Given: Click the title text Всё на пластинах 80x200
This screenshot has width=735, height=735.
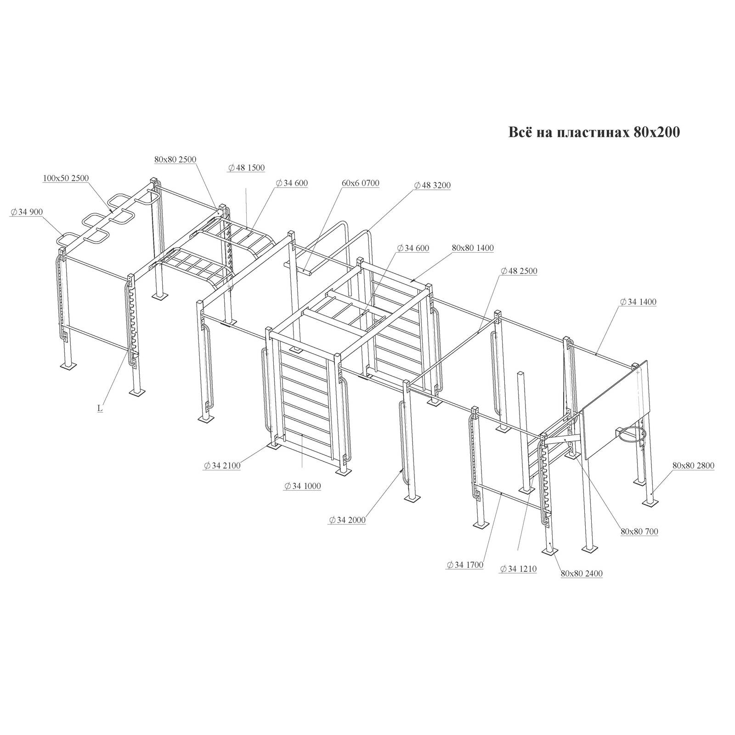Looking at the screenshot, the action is tap(594, 132).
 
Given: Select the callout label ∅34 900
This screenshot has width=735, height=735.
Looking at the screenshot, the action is tap(26, 211).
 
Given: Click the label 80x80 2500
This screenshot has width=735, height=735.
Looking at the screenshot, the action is tap(175, 159).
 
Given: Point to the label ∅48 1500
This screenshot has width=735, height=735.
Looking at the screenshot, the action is tap(246, 168).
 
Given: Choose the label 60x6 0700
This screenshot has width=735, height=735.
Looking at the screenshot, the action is tap(361, 183).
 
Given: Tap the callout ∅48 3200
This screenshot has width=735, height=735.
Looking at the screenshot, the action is tap(432, 185).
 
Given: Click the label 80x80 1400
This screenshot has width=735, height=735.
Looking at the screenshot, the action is tap(473, 248).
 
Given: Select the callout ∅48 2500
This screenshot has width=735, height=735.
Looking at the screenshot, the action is tap(519, 271).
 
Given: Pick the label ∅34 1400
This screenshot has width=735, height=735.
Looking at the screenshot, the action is tap(638, 302).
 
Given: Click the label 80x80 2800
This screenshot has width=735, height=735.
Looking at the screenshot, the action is tap(693, 465).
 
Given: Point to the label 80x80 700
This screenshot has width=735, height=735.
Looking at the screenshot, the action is tap(639, 531).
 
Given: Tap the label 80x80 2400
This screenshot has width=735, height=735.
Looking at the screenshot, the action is tap(582, 573).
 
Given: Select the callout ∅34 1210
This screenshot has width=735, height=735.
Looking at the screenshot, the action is tap(518, 569).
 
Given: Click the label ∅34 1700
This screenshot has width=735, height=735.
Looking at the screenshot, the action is tap(464, 565).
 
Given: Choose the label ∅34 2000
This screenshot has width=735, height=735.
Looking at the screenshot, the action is tap(347, 520).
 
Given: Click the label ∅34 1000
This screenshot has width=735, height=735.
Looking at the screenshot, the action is tap(302, 486).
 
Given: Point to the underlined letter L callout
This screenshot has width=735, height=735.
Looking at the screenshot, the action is tap(100, 408).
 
